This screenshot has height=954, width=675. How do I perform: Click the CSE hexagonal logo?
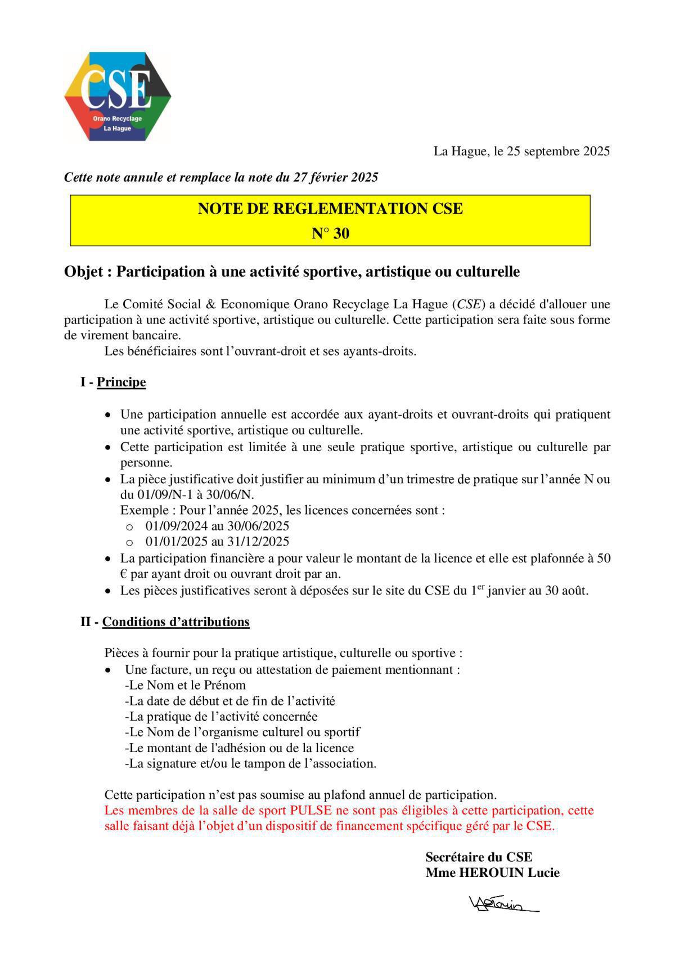(117, 96)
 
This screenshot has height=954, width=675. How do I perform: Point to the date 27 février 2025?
(336, 178)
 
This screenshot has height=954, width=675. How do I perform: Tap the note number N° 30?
(330, 234)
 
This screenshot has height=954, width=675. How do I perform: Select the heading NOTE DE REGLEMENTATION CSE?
(330, 209)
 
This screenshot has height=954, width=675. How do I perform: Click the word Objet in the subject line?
(83, 272)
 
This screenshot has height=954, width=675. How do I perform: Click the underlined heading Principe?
(121, 382)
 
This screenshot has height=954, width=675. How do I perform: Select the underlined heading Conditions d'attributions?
(175, 622)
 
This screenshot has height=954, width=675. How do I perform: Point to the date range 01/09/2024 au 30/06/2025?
(217, 526)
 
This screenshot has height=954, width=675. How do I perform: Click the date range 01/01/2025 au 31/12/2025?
(217, 542)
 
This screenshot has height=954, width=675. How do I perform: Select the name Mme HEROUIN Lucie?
(492, 872)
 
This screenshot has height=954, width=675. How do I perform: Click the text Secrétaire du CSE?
(479, 857)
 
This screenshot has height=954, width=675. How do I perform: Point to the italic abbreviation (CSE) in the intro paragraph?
(469, 304)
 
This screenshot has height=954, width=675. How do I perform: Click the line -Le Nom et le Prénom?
(185, 685)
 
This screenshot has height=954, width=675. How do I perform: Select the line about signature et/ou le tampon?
(250, 764)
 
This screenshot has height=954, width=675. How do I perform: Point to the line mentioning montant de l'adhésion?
(239, 748)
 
